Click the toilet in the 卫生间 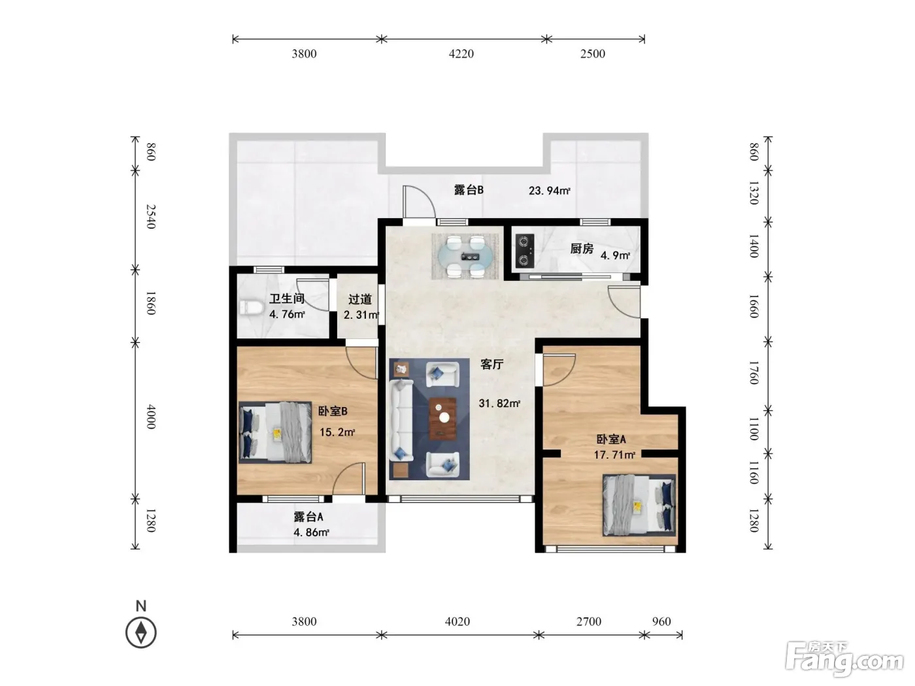click(x=251, y=308)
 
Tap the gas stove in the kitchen click(x=524, y=251)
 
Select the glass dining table click(x=465, y=256)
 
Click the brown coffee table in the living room click(x=442, y=419)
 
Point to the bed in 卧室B click(x=276, y=433)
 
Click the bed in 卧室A click(x=639, y=505)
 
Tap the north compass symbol click(x=141, y=632)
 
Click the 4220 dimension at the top click(x=461, y=54)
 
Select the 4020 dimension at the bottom click(x=457, y=621)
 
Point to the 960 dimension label click(x=661, y=621)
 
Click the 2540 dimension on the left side click(x=151, y=217)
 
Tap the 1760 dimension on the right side click(x=754, y=372)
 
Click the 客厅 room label click(x=492, y=365)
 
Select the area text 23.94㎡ click(x=550, y=191)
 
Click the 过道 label click(x=359, y=299)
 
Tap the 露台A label click(x=308, y=517)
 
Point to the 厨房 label click(x=582, y=249)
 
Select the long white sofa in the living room click(x=401, y=420)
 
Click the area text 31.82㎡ click(x=499, y=403)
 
